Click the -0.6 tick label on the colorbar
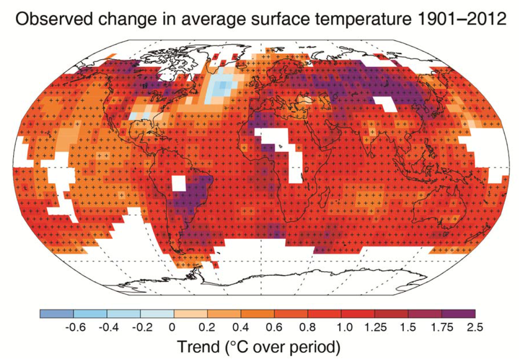coord(73,327)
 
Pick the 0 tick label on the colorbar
coord(174,327)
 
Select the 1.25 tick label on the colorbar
coord(375,327)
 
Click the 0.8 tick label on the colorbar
coord(308,327)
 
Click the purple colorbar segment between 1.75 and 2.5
coord(458,313)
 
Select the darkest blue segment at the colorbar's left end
coord(56,313)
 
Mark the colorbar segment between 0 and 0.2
coord(191,313)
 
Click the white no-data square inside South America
coord(179,183)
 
